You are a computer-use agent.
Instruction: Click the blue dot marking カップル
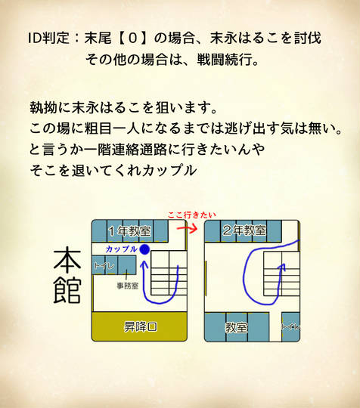(144, 249)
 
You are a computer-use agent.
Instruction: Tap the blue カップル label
(122, 249)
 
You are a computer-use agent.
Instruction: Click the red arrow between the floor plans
(187, 228)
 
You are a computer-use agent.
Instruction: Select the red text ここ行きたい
(191, 215)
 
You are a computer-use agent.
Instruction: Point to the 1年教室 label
(130, 230)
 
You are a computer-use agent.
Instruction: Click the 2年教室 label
(244, 230)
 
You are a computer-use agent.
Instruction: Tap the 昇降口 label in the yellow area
(141, 326)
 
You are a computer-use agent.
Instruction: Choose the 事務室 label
(127, 286)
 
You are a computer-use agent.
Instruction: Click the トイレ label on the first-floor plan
(104, 265)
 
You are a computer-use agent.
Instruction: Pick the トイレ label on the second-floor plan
(290, 327)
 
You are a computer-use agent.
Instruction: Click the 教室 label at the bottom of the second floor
(236, 327)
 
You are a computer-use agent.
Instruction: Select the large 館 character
(67, 290)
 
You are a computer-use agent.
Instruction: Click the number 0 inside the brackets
(133, 39)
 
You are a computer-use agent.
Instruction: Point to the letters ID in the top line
(35, 39)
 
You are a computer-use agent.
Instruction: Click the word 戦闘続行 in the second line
(225, 60)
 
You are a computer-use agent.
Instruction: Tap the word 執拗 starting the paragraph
(43, 107)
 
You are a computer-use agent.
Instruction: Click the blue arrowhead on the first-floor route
(144, 265)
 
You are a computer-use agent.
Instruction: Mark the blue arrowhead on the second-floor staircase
(283, 267)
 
